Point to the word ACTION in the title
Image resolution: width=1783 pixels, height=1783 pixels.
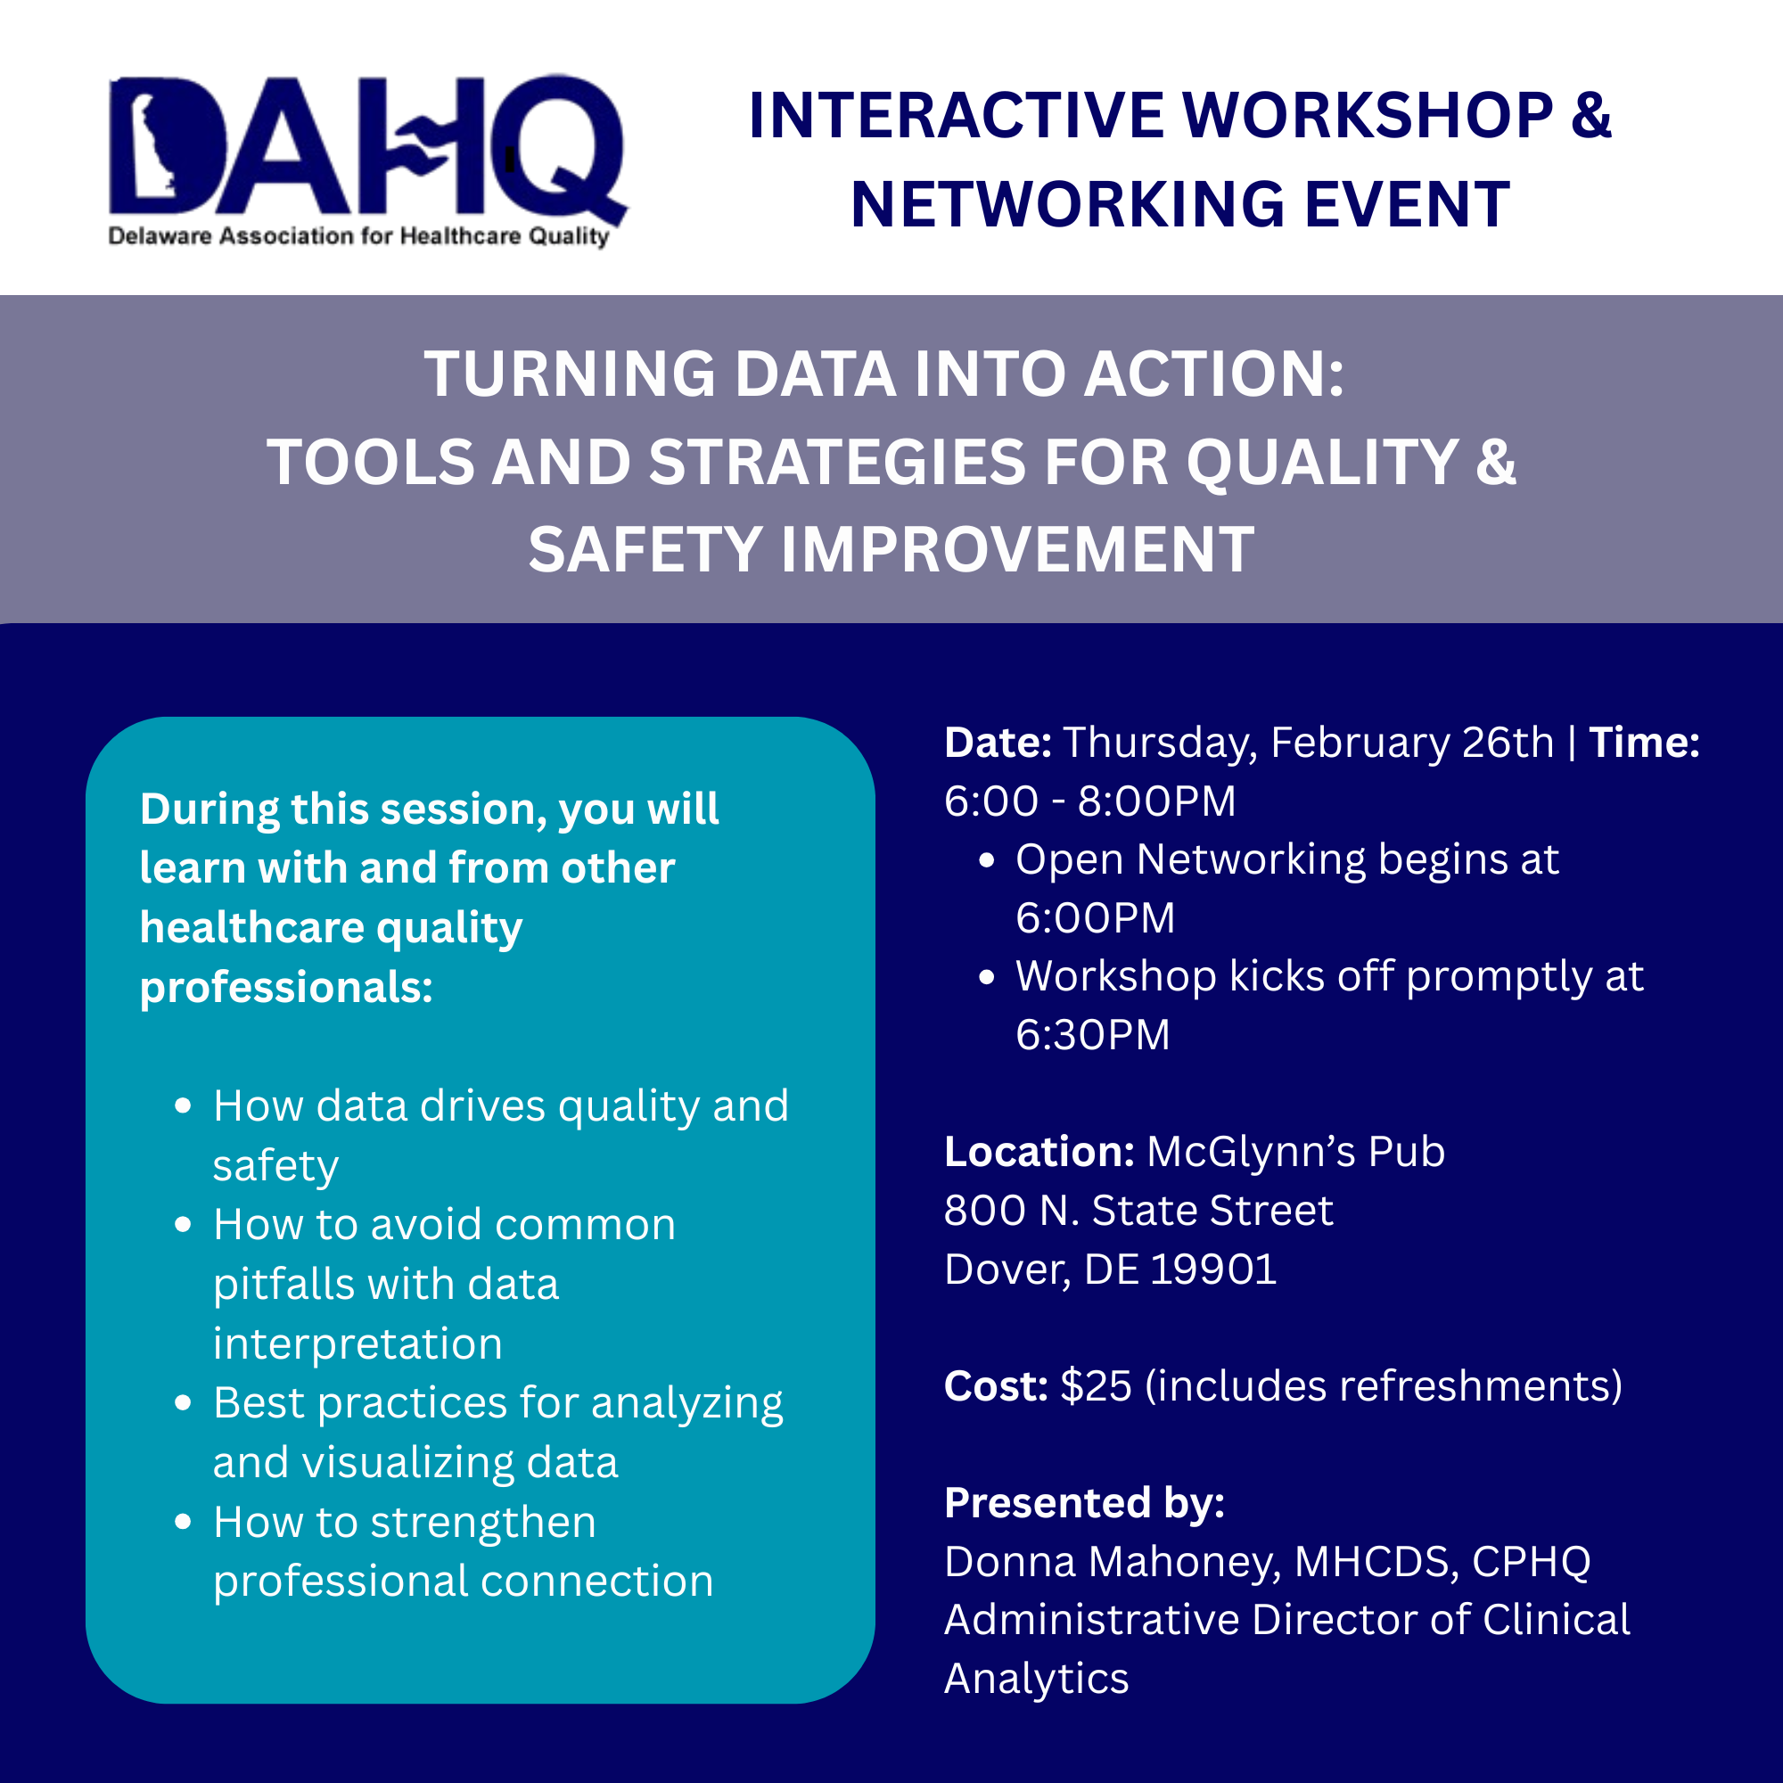(1212, 374)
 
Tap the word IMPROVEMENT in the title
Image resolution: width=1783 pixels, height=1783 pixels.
(1017, 550)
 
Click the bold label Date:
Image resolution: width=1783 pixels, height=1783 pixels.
(998, 743)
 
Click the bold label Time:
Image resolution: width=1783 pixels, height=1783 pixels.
(1644, 743)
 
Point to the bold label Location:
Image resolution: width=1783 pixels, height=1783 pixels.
(1039, 1152)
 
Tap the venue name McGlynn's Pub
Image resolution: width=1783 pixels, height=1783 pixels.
(1294, 1152)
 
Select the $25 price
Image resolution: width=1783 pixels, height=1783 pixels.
(1096, 1386)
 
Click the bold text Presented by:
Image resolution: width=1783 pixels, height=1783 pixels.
(1084, 1503)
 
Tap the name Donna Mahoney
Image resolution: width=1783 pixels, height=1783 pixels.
(1111, 1562)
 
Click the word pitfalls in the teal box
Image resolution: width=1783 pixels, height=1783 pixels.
(273, 1285)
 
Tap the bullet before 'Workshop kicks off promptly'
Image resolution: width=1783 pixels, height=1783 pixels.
(987, 977)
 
